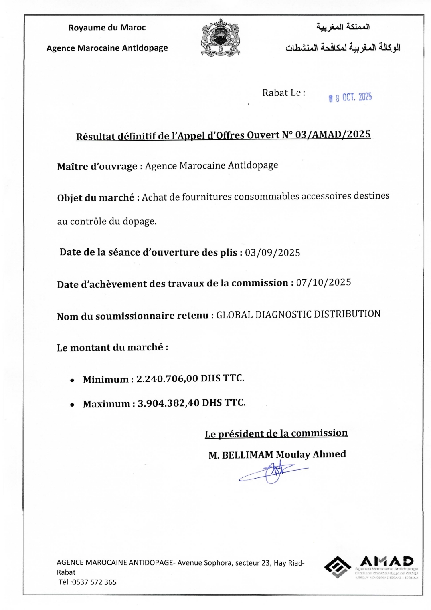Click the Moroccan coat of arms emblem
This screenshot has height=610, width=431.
pos(221,37)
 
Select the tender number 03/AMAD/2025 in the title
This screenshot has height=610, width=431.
pos(333,135)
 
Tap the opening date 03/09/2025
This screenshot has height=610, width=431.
pos(273,253)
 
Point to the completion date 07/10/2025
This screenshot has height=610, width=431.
pos(324,282)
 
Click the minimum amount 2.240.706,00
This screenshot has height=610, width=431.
pos(167,379)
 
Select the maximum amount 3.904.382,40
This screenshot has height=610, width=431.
pos(168,403)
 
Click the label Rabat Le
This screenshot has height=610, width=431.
pos(284,93)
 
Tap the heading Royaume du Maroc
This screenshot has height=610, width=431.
pos(107,28)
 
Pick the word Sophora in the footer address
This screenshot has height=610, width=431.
pos(218,563)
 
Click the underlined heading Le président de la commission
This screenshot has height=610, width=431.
pos(276,433)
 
